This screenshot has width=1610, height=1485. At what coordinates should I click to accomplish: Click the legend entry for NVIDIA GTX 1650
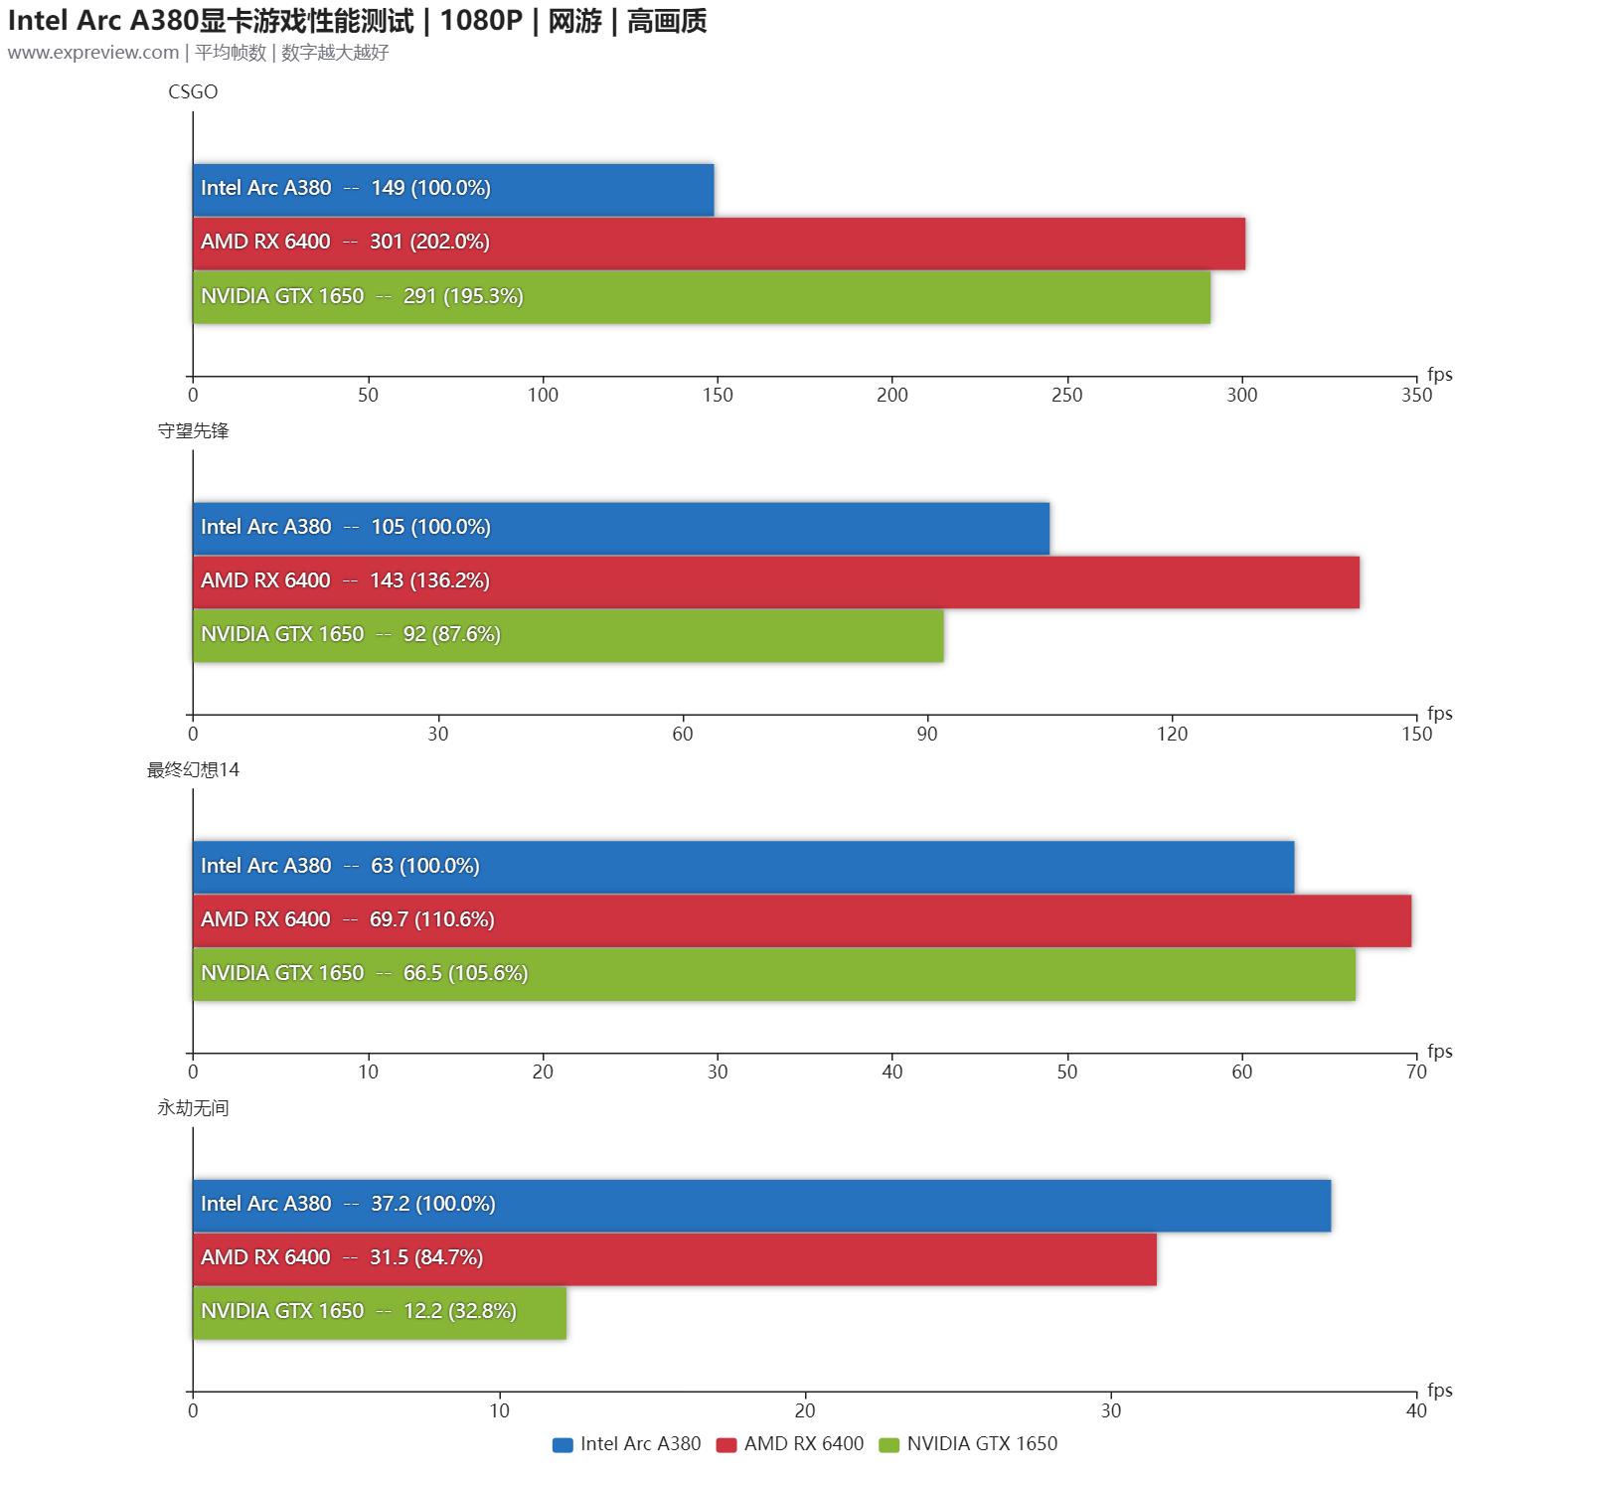tap(969, 1444)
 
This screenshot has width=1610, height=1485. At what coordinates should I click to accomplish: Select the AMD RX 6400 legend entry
tap(791, 1444)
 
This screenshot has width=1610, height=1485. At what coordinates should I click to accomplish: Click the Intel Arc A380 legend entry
tap(627, 1444)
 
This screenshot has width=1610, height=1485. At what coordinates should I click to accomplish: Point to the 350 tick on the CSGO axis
tap(1416, 395)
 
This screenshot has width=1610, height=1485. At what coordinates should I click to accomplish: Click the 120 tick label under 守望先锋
tap(1172, 734)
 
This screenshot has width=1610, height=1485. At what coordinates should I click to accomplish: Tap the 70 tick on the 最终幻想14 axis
tap(1416, 1072)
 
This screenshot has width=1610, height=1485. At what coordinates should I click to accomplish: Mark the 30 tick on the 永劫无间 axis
tap(1110, 1410)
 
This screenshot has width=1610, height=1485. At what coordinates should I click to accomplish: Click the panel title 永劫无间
tap(193, 1107)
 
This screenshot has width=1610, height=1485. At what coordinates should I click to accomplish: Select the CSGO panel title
tap(193, 91)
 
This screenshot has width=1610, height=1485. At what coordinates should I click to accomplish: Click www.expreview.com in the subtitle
tap(93, 53)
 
